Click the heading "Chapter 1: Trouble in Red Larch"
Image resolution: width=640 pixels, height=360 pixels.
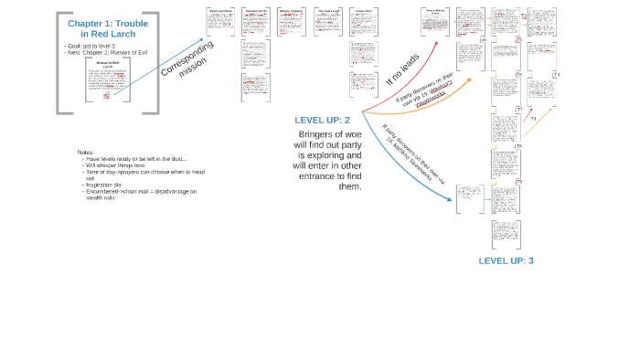tap(108, 28)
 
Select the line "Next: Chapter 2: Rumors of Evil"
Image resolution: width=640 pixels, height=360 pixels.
tap(104, 52)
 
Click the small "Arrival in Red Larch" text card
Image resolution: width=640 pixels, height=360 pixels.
tap(108, 82)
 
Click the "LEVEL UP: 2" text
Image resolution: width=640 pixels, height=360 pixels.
tap(322, 120)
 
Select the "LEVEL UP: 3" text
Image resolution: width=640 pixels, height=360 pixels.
tap(506, 260)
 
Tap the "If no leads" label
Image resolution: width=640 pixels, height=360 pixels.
tap(403, 69)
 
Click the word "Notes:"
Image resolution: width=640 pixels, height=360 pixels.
tap(86, 152)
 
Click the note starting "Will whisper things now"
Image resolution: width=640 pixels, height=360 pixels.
tap(118, 165)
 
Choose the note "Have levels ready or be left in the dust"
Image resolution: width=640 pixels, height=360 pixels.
tap(137, 159)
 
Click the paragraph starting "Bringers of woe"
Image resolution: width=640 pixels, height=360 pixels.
tap(327, 160)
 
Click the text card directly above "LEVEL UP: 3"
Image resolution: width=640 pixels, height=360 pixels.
tap(506, 234)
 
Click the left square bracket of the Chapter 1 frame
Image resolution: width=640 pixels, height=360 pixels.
tap(59, 63)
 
